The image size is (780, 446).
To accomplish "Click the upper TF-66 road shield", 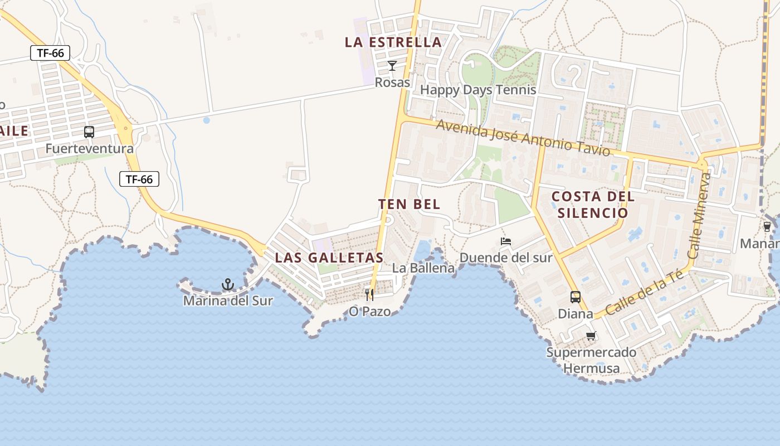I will pos(50,54).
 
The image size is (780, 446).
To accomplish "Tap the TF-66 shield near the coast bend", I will pos(139,179).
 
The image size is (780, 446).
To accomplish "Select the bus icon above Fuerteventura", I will pos(89,132).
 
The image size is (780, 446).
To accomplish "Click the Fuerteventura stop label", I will pos(89,149).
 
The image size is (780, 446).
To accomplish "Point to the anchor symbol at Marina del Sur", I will pos(227,285).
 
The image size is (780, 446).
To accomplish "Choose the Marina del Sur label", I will pos(228,301).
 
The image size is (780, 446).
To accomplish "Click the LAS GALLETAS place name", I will pos(329,258).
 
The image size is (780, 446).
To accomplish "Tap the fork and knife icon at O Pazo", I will pos(369,294).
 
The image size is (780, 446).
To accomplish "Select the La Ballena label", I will pos(423,268).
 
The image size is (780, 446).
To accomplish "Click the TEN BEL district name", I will pos(409,204).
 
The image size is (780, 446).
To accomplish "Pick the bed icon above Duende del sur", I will pos(506,241).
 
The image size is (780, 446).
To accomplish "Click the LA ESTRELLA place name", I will pos(393,42).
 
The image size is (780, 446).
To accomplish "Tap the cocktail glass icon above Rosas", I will pos(392,66).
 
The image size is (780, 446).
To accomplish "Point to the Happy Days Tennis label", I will pos(478,90).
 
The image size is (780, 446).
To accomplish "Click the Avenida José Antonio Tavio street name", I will pos(523,138).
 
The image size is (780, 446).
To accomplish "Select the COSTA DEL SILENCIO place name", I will pos(593,205).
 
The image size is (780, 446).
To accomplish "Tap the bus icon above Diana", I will pos(576,297).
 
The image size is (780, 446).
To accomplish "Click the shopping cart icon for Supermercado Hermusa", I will pos(591,336).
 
